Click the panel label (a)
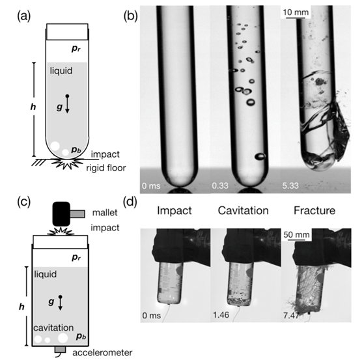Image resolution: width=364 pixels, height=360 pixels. point(24,17)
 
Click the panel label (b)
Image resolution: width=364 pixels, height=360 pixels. point(131,16)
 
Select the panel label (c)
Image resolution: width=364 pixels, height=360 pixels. point(24,202)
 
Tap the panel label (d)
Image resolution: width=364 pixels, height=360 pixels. point(130,202)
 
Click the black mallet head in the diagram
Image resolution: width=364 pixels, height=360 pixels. point(61,214)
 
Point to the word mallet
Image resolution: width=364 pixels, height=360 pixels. point(105,213)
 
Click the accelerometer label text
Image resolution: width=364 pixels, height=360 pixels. point(102,353)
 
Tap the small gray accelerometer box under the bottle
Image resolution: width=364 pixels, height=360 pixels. point(60,350)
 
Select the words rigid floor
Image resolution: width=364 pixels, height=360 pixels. point(106,168)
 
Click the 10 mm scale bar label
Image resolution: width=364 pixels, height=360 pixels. point(296,12)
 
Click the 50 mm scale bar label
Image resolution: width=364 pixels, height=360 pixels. point(296,234)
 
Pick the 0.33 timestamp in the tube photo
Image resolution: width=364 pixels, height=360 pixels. point(220,186)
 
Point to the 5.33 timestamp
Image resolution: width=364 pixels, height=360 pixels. point(290,186)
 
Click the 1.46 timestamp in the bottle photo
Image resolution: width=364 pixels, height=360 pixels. point(221,315)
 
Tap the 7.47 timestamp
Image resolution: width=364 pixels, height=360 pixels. point(291,316)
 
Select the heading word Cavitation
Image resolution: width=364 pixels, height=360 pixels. point(244,211)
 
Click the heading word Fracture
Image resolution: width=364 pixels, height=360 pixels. point(315,211)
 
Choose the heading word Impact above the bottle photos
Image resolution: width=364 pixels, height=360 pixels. point(175,211)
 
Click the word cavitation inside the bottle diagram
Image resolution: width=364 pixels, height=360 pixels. point(53,327)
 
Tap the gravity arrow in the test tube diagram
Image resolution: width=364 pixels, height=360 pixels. point(67,104)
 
